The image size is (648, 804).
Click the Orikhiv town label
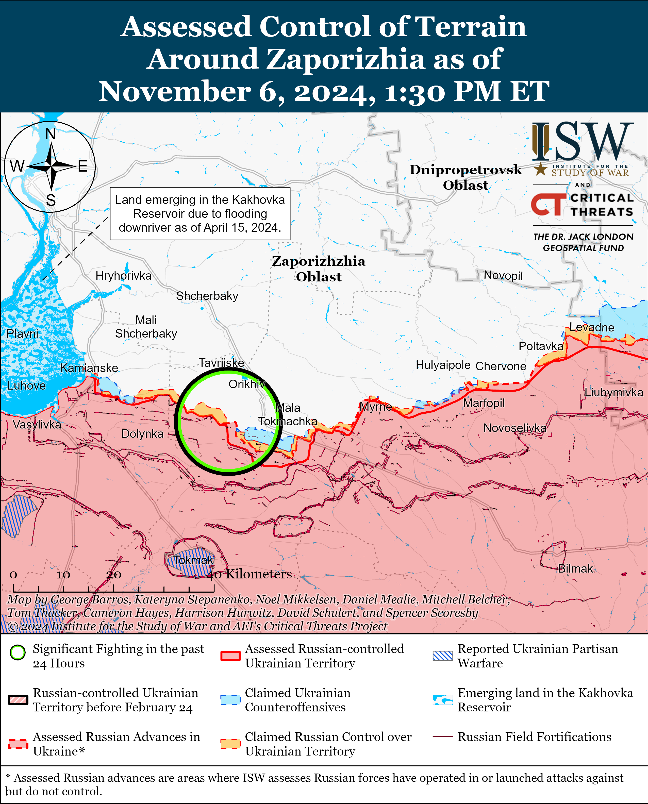coord(247,384)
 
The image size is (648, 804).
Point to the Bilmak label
coord(575,568)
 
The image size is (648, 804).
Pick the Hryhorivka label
coord(124,276)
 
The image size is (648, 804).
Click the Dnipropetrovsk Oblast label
coord(466,177)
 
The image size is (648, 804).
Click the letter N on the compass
coord(51,134)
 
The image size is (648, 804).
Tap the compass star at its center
coord(51,166)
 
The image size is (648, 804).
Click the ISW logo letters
coord(582,141)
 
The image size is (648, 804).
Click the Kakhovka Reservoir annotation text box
coord(200,213)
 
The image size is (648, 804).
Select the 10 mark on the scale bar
coord(63,575)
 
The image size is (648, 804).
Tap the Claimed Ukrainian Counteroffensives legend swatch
coord(230,700)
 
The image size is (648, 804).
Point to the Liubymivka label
coord(613,392)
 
